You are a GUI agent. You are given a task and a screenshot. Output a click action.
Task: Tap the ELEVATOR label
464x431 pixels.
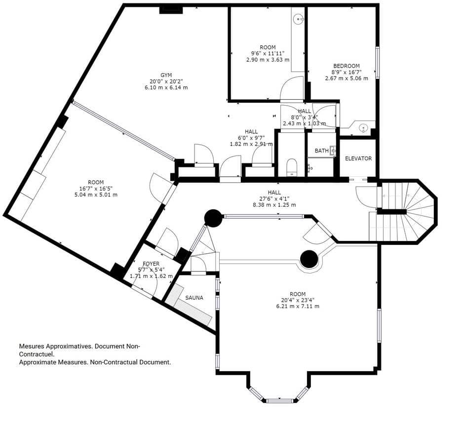(x=358, y=158)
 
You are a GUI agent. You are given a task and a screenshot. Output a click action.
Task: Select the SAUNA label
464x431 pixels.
(x=194, y=298)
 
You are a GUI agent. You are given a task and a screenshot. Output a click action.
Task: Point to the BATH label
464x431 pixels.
(x=321, y=151)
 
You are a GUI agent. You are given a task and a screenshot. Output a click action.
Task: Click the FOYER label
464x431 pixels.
(x=151, y=264)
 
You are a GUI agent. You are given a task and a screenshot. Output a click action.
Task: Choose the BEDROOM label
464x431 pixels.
(x=346, y=66)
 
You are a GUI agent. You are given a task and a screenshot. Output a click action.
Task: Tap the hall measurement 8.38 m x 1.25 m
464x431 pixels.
(x=274, y=204)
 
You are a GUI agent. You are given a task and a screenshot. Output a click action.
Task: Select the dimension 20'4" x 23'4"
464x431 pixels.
(x=297, y=300)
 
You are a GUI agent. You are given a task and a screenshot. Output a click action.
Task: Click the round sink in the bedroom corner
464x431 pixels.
(x=363, y=128)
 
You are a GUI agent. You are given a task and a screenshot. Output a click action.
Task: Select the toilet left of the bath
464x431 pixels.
(x=291, y=166)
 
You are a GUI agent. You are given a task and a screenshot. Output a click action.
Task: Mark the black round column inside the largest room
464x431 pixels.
(x=309, y=259)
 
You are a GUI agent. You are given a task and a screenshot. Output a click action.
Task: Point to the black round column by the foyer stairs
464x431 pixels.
(x=213, y=218)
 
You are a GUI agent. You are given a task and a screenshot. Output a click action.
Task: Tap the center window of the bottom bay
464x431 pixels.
(x=280, y=400)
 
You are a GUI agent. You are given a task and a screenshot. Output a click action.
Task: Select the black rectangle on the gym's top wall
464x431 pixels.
(x=171, y=9)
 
